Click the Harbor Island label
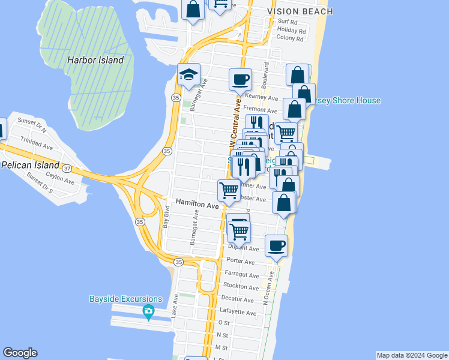click(95, 60)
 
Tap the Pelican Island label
click(30, 165)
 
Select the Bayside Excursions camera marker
click(148, 311)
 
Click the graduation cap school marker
click(188, 75)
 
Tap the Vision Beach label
click(300, 11)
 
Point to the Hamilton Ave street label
click(197, 205)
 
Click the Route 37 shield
click(68, 169)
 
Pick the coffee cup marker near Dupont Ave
click(276, 245)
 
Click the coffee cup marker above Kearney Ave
click(240, 79)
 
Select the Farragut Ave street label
click(241, 275)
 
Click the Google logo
click(20, 353)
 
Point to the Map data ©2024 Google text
click(412, 355)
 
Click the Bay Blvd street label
click(166, 217)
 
